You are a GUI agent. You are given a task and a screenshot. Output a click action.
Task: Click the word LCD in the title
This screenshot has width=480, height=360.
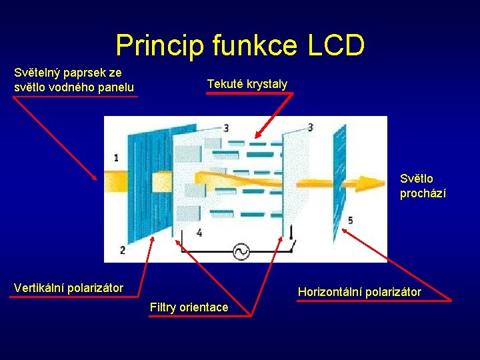[x=336, y=45]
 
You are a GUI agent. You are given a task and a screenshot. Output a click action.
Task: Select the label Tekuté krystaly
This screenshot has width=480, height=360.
[x=247, y=84]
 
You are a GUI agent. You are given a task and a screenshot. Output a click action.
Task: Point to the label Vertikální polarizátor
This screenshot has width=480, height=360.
[x=69, y=288]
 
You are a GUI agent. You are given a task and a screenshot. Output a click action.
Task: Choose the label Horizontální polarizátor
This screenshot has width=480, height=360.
[x=359, y=292]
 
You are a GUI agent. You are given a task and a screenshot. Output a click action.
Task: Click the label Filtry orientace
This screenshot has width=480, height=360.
[x=189, y=307]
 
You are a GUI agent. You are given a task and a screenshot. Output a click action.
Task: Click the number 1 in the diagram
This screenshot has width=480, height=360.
[x=117, y=158]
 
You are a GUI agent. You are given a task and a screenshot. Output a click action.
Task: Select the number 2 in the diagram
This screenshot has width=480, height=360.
[x=122, y=250]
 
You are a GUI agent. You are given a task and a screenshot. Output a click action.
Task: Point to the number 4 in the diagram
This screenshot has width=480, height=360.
[x=199, y=233]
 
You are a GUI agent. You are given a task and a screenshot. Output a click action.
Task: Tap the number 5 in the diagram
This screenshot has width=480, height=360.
[x=351, y=220]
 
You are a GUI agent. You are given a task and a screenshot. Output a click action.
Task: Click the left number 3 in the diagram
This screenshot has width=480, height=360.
[x=226, y=127]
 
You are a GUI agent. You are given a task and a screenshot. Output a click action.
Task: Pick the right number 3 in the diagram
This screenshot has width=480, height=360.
[x=311, y=127]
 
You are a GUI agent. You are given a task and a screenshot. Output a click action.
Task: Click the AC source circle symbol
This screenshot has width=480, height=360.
[x=240, y=251]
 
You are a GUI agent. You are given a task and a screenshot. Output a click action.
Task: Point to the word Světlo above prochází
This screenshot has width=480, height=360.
[x=416, y=179]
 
